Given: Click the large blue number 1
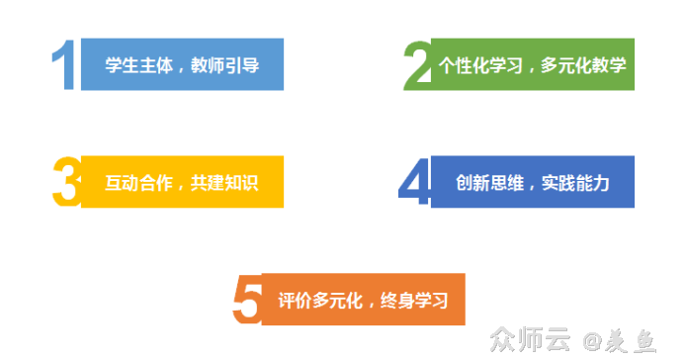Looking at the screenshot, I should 64,66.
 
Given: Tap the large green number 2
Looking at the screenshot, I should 417,66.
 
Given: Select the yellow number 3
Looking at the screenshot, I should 64,182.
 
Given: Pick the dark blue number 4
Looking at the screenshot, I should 414,182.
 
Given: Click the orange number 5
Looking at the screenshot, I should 247,299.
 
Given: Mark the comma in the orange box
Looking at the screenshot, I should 368,304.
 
